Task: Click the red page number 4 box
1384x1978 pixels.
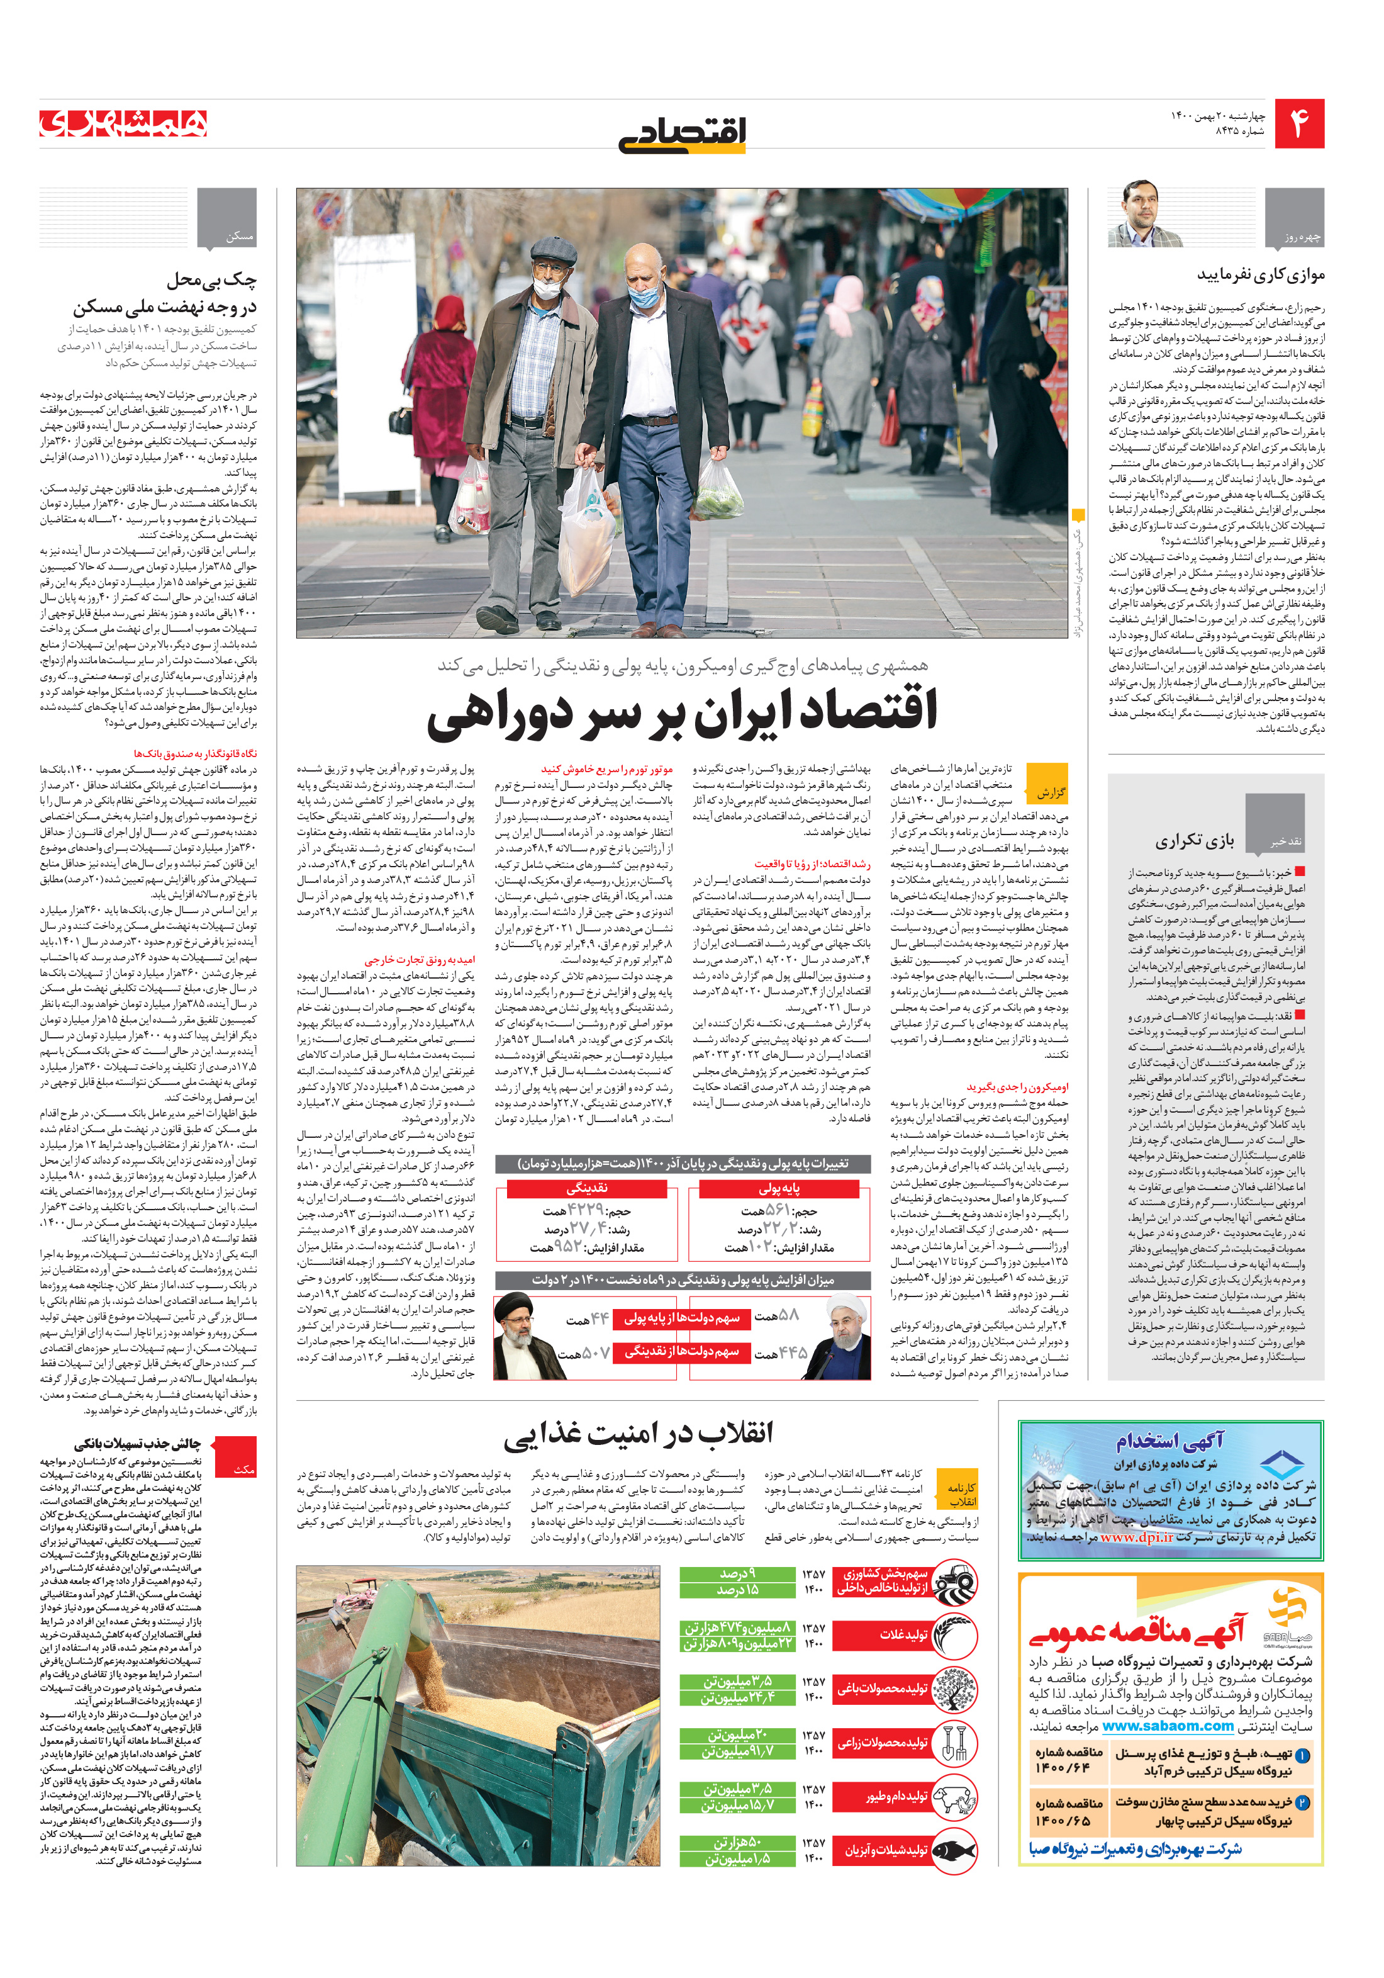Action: tap(1298, 123)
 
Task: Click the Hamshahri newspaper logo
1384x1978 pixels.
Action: tap(123, 123)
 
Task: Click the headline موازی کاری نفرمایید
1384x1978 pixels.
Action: tap(1260, 275)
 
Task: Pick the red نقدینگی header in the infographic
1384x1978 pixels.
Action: tap(586, 1188)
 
